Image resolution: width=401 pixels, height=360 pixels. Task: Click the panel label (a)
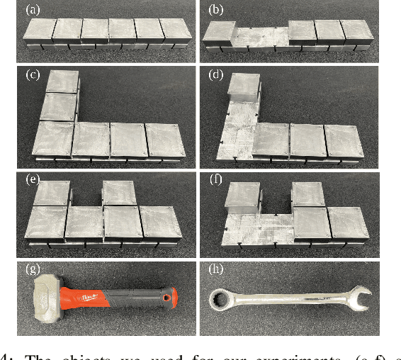(33, 10)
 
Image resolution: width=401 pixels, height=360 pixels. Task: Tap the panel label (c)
(33, 74)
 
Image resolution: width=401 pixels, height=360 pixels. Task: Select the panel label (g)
(33, 270)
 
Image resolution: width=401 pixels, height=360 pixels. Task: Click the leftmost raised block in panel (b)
(220, 33)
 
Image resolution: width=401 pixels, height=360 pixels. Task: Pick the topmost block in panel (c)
(61, 83)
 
